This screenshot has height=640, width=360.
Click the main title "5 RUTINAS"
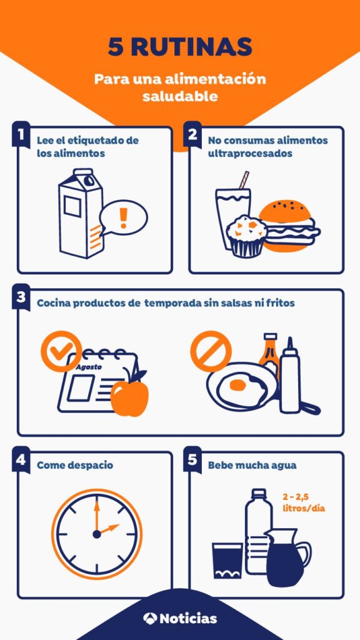pyautogui.click(x=180, y=47)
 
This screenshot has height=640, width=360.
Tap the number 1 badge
pyautogui.click(x=21, y=134)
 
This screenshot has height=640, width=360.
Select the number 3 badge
pyautogui.click(x=21, y=297)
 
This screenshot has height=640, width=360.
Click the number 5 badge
pyautogui.click(x=192, y=459)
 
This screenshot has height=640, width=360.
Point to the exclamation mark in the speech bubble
pyautogui.click(x=123, y=217)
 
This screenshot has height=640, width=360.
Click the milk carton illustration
pyautogui.click(x=81, y=214)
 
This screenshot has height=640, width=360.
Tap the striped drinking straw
pyautogui.click(x=244, y=181)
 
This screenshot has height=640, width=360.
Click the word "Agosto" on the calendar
pyautogui.click(x=89, y=366)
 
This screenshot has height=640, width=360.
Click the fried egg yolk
pyautogui.click(x=237, y=384)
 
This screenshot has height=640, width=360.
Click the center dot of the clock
pyautogui.click(x=97, y=534)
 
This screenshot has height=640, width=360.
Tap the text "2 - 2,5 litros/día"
pyautogui.click(x=304, y=503)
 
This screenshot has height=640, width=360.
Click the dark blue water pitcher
pyautogui.click(x=287, y=557)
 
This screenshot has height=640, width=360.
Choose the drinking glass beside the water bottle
pyautogui.click(x=227, y=561)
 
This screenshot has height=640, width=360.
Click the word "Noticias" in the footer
pyautogui.click(x=188, y=618)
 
